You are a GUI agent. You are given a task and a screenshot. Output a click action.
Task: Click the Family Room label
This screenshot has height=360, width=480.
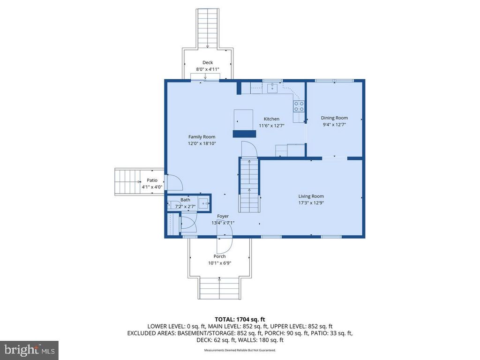pyautogui.click(x=202, y=137)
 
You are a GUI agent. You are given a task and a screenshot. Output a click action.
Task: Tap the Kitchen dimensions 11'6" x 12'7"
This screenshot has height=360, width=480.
pyautogui.click(x=271, y=126)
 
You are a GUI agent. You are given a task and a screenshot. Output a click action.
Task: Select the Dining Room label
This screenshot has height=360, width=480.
pyautogui.click(x=334, y=118)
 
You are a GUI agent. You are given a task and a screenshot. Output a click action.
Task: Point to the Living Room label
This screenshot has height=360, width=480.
pyautogui.click(x=311, y=196)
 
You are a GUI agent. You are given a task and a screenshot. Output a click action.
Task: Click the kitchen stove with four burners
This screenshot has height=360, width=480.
pyautogui.click(x=299, y=106)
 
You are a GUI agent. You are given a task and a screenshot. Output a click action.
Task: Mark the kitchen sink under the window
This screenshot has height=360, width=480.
pyautogui.click(x=272, y=88)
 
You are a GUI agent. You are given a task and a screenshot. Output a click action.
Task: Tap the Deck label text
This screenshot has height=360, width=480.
pyautogui.click(x=208, y=62)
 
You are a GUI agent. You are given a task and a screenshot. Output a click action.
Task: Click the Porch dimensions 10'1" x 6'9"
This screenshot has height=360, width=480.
pyautogui.click(x=220, y=263)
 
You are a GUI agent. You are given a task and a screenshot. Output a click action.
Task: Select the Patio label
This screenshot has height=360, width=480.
pyautogui.click(x=152, y=180)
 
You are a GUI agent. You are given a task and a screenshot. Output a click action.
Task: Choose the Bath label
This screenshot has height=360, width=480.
pyautogui.click(x=185, y=200)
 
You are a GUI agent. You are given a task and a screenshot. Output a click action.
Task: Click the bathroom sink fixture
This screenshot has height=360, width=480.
pyautogui.click(x=204, y=203)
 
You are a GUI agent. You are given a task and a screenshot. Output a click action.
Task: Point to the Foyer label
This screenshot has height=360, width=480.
pyautogui.click(x=223, y=216)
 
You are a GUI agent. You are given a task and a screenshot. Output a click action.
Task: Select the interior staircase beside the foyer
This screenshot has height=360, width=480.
pyautogui.click(x=249, y=186)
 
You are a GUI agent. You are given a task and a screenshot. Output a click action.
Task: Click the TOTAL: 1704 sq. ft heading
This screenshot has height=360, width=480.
pyautogui.click(x=240, y=320)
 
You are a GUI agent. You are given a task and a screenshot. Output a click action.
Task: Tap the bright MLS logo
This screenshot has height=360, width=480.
pyautogui.click(x=29, y=350)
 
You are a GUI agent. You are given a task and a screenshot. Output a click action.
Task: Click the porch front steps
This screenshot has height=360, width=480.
pyautogui.click(x=219, y=289)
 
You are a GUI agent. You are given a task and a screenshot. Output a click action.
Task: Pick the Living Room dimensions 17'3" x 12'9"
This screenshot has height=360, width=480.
pyautogui.click(x=311, y=203)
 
